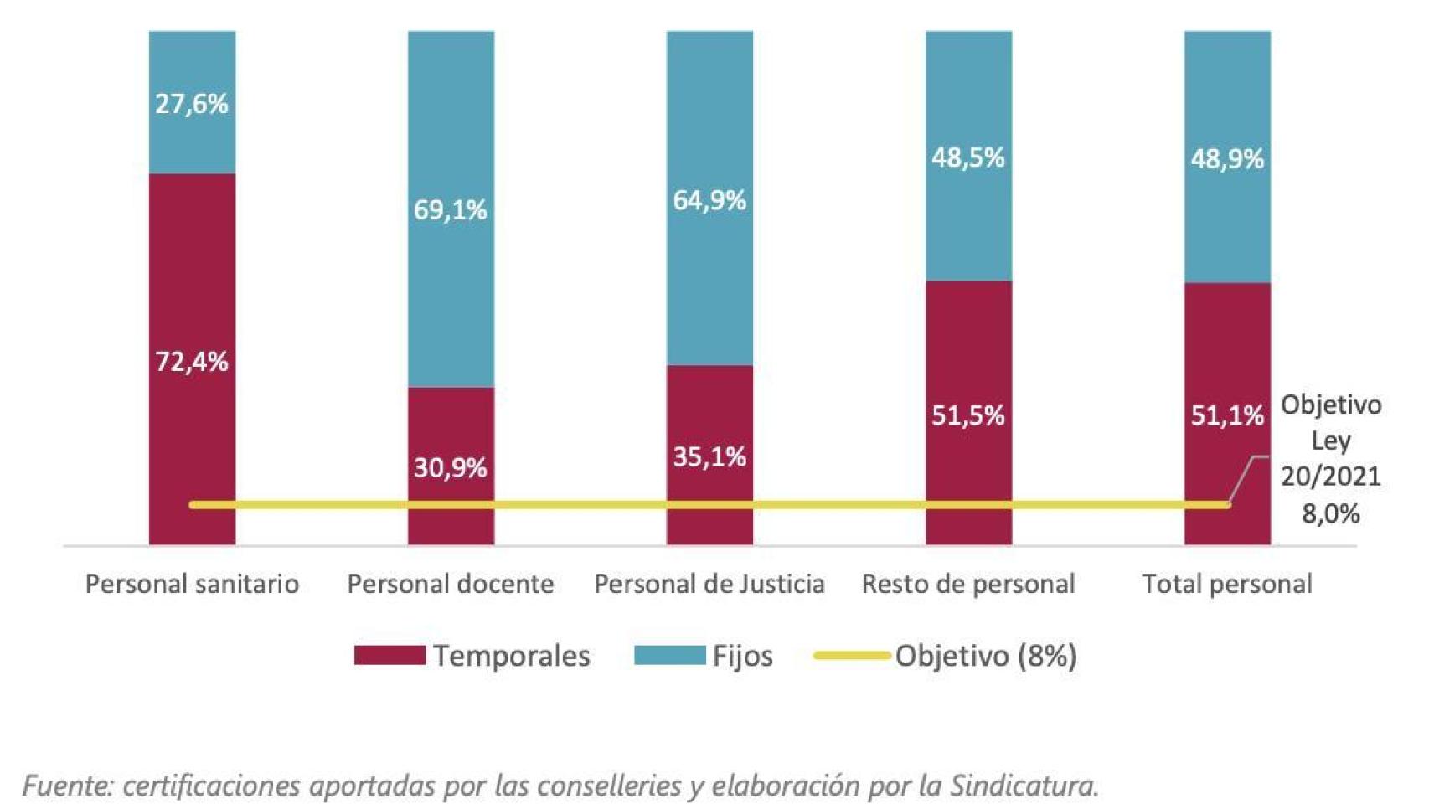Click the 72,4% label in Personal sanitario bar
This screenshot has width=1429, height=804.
coord(192,362)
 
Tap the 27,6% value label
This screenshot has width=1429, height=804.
coord(192,104)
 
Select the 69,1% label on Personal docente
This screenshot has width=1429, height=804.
coord(451,209)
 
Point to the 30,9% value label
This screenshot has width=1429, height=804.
coord(451,467)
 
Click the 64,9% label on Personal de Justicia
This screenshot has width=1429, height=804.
coord(709,200)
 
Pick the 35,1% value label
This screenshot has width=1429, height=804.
coord(709,456)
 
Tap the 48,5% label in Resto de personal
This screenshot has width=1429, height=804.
coord(968,157)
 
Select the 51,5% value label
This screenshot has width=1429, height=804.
coord(968,415)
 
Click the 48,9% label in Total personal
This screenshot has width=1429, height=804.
coord(1227,159)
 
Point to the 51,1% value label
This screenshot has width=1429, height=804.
coord(1227,415)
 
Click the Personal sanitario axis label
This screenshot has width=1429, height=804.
coord(192,584)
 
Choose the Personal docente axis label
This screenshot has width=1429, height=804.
coord(451,584)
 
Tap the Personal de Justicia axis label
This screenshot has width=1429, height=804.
coord(709,584)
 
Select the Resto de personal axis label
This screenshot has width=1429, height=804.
coord(968,584)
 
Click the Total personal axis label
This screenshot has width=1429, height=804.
coord(1227,584)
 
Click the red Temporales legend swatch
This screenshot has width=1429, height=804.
coord(389,655)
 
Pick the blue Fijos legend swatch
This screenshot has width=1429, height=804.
coord(669,655)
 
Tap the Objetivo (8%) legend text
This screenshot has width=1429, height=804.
coord(986,656)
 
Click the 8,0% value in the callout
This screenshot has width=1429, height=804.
coord(1330,513)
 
